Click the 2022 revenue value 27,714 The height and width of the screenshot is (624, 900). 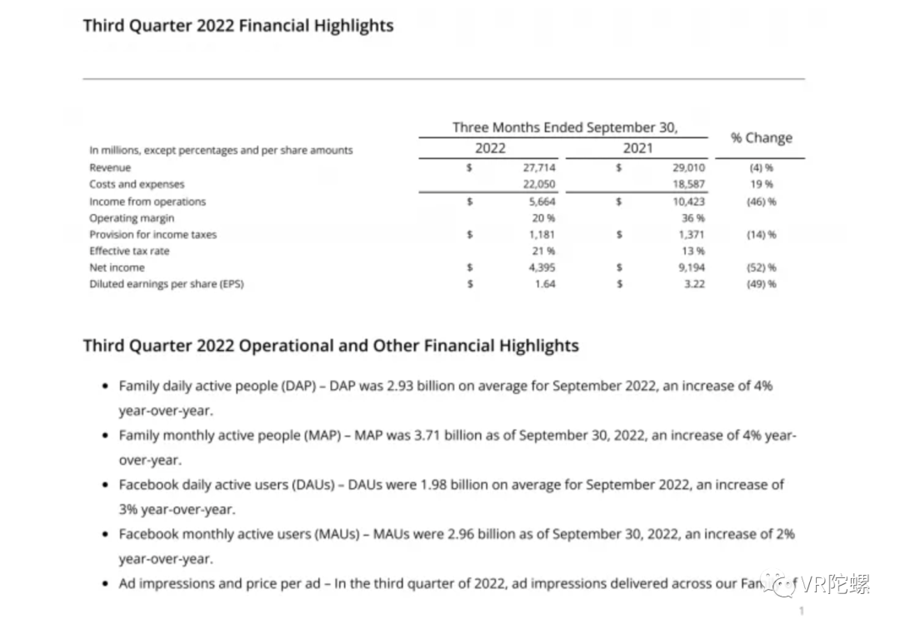tap(539, 167)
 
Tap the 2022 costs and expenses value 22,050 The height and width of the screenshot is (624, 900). tap(539, 184)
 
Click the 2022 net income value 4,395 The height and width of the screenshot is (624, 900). tap(542, 267)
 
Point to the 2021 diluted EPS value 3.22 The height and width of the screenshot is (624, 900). tap(693, 284)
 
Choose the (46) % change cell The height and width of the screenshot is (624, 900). tap(762, 202)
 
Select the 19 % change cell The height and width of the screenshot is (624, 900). tap(762, 184)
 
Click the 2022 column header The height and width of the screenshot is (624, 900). tap(490, 148)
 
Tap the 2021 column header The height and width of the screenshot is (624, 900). tap(637, 148)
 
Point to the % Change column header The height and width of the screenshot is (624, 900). tap(762, 137)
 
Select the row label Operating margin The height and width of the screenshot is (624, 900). tap(132, 218)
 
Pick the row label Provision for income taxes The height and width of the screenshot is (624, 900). tap(152, 235)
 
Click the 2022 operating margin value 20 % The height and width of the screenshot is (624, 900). tap(542, 218)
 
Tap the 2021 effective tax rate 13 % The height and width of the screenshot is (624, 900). tap(693, 251)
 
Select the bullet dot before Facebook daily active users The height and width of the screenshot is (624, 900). tap(104, 485)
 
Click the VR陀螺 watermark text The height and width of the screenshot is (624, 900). tap(836, 585)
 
